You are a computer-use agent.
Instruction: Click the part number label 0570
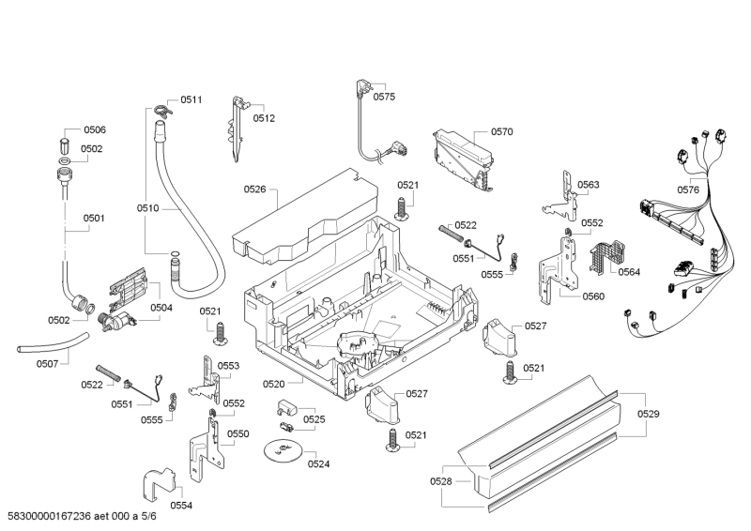click(501, 132)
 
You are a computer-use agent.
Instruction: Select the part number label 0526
click(255, 190)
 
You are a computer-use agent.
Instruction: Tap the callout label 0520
click(274, 384)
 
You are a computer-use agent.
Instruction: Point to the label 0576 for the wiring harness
click(688, 190)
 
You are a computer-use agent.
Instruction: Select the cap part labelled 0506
click(65, 144)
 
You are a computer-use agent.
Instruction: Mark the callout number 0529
click(649, 414)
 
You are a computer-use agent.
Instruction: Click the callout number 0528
click(442, 481)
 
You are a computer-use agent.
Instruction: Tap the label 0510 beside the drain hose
click(148, 208)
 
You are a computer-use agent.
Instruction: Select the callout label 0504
click(161, 308)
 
